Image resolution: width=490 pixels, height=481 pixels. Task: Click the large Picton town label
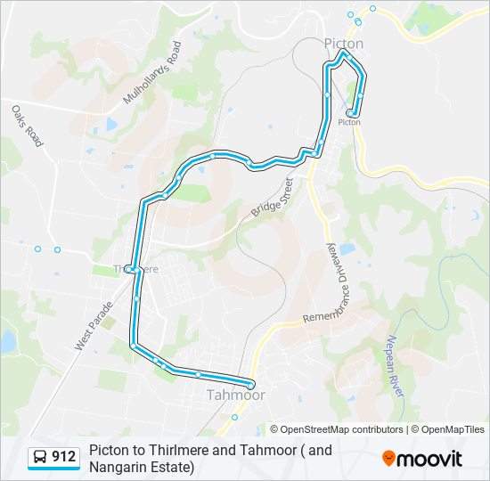click(x=344, y=43)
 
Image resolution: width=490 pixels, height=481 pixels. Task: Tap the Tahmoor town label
click(x=235, y=394)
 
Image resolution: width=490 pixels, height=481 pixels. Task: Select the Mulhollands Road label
click(x=152, y=74)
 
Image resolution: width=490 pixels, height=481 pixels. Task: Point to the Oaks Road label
click(x=27, y=125)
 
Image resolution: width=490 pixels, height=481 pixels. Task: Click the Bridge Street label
click(x=272, y=198)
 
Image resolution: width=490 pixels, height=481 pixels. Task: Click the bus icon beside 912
click(x=41, y=458)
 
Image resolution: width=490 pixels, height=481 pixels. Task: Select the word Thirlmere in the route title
click(x=186, y=450)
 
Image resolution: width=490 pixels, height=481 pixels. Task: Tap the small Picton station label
click(x=349, y=122)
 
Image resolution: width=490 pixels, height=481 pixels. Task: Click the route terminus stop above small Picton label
click(x=354, y=112)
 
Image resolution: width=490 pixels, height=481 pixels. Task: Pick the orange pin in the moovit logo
click(x=389, y=459)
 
